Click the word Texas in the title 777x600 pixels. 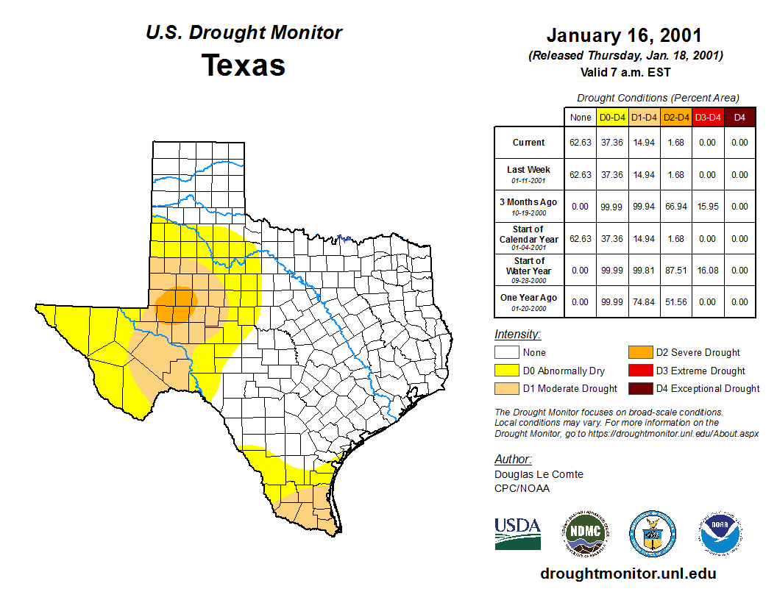[x=244, y=65]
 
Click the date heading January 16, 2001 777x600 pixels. [x=624, y=36]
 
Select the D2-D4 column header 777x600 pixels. [x=675, y=118]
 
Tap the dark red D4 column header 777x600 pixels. [x=739, y=118]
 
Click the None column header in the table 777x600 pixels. [x=580, y=118]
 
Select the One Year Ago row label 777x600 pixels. [x=529, y=298]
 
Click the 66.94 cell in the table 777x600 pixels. [x=675, y=207]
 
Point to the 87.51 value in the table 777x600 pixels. [x=675, y=270]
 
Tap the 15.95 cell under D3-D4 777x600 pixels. [x=707, y=207]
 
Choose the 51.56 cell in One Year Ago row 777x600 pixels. [x=675, y=302]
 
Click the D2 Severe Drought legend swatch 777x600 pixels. [x=640, y=353]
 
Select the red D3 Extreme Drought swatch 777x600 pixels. [x=640, y=371]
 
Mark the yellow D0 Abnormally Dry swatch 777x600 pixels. [x=507, y=371]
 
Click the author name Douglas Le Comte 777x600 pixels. [x=539, y=474]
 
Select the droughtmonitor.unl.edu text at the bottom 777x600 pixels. [x=628, y=574]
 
